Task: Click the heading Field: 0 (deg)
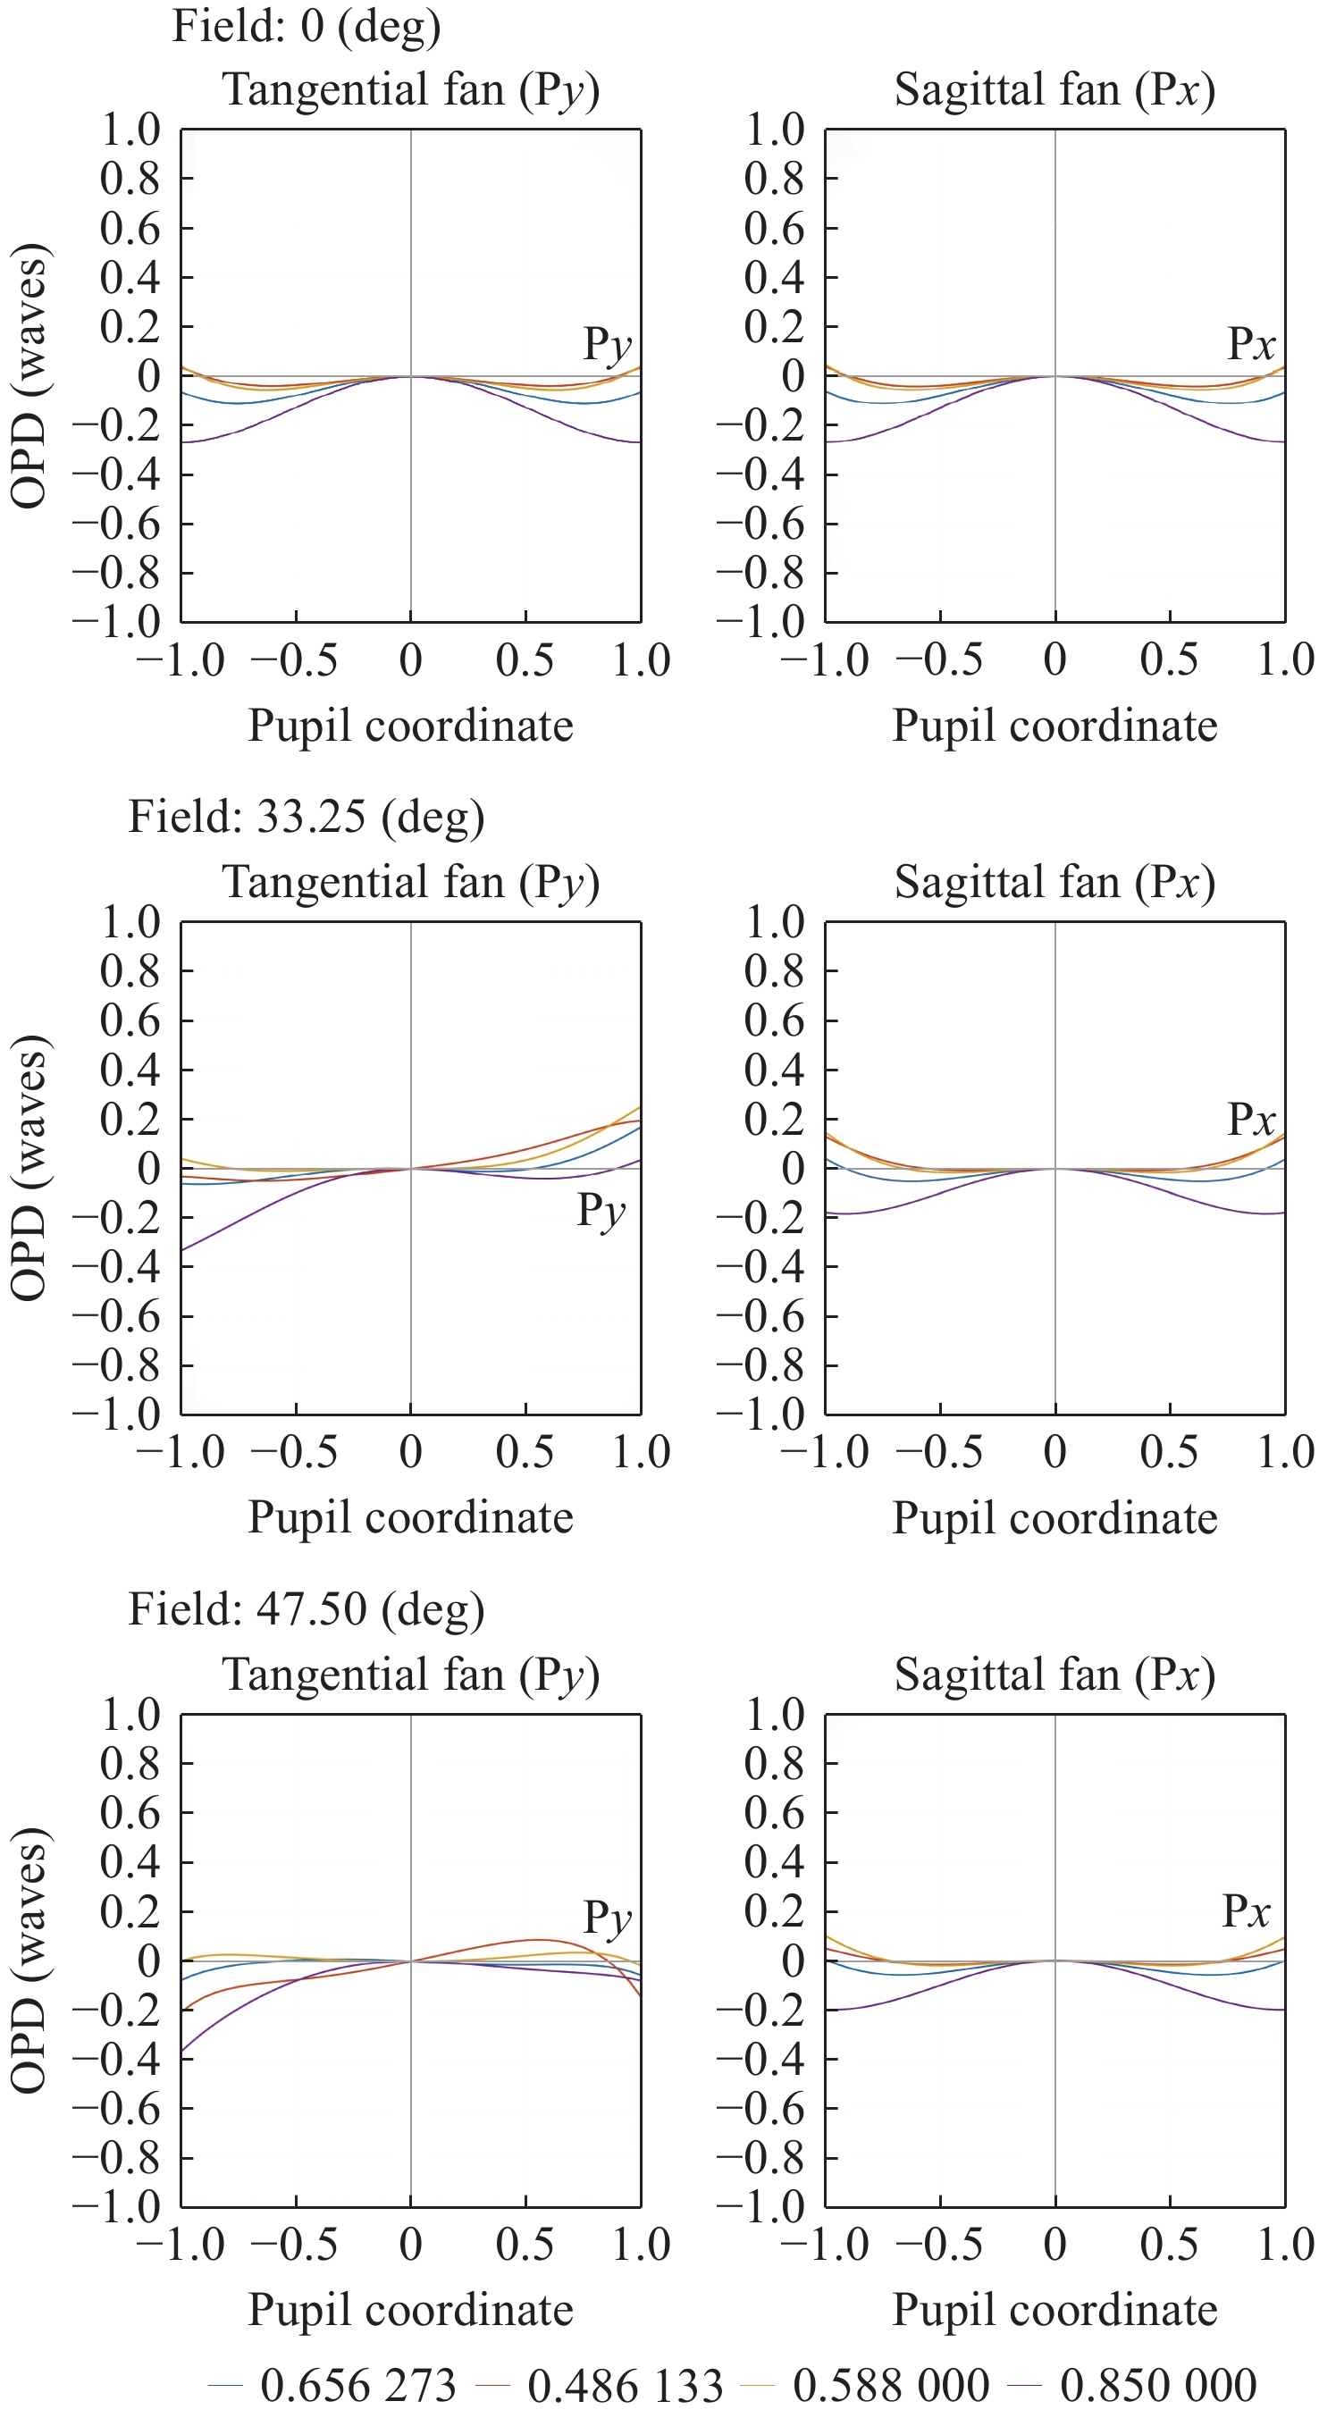306,25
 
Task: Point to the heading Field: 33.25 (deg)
306,816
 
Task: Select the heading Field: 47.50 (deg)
306,1608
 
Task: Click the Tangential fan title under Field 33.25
410,882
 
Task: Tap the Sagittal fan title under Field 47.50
1054,1675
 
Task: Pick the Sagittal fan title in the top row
1054,90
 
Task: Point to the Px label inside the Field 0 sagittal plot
1251,345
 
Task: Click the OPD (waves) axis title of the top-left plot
30,375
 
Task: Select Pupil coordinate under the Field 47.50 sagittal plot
1054,2310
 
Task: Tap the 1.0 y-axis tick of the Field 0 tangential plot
130,130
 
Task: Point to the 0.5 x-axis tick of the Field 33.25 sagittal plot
1169,1452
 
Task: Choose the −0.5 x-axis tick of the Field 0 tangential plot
295,659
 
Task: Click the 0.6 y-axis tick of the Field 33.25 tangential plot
130,1020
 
